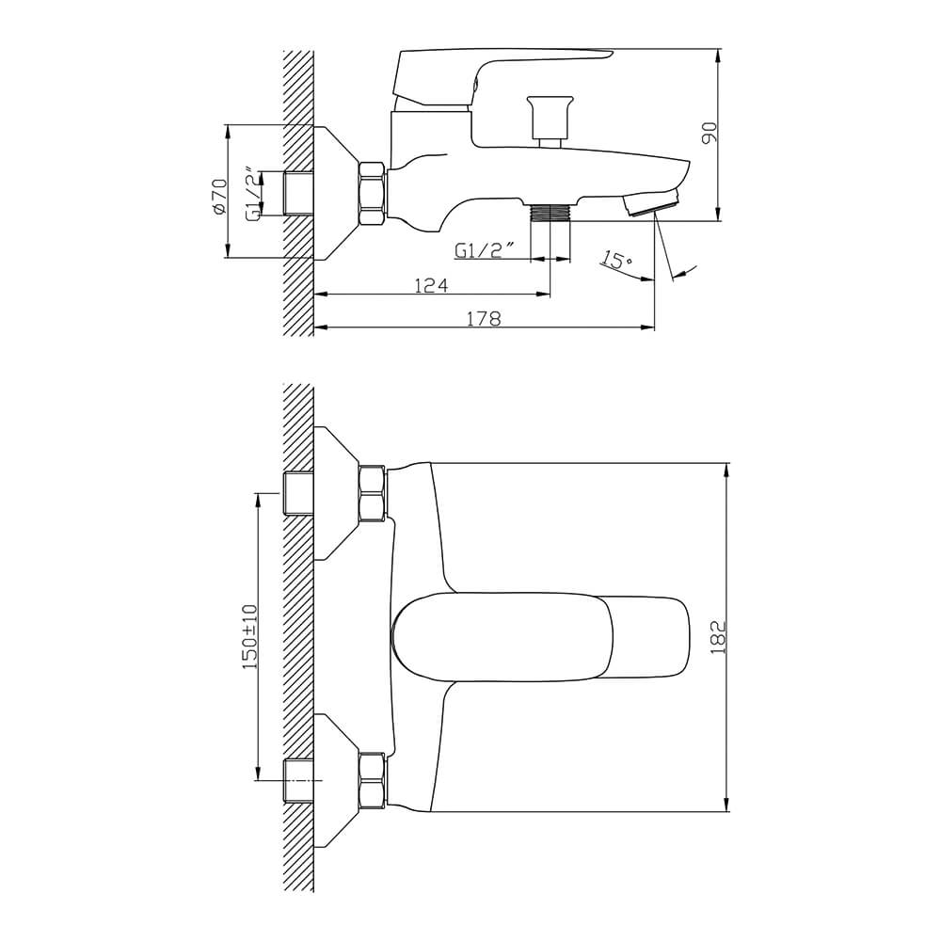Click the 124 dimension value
(x=432, y=285)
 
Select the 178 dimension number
(x=484, y=318)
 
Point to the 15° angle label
(x=616, y=261)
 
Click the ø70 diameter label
(x=219, y=197)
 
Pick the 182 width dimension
(x=718, y=637)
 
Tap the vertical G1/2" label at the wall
(x=254, y=196)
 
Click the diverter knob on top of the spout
(x=550, y=120)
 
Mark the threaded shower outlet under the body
(x=550, y=212)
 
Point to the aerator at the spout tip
(x=652, y=202)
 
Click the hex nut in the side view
(x=372, y=193)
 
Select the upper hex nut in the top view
(x=372, y=493)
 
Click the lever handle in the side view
(x=498, y=78)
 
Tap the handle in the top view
(x=540, y=637)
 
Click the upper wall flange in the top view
(x=336, y=493)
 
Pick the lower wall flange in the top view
(x=336, y=781)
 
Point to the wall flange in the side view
(x=336, y=193)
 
